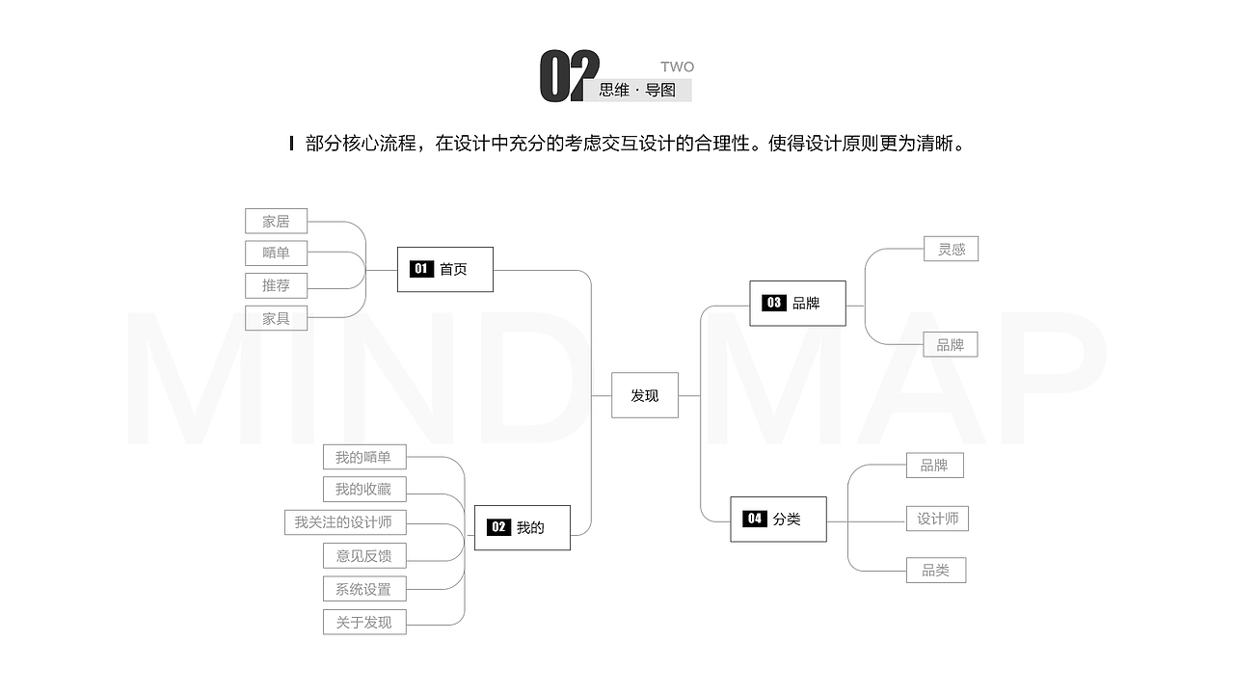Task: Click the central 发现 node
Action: [645, 395]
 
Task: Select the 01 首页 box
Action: [445, 269]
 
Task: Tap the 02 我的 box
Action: [523, 527]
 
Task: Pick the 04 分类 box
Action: [778, 520]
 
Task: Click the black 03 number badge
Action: [773, 303]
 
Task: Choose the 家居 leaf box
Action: [276, 221]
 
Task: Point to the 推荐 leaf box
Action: [276, 285]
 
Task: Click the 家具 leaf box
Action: [276, 318]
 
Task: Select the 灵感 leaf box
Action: [951, 249]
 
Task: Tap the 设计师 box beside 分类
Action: [937, 519]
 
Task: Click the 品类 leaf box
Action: [936, 570]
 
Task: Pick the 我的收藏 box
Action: [364, 489]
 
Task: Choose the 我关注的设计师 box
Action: [345, 522]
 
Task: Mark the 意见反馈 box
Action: [364, 556]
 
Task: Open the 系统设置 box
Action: [364, 589]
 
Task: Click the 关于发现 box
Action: [364, 622]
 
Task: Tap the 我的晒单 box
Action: [364, 457]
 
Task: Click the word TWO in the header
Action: [677, 67]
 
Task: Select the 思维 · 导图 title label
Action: [637, 90]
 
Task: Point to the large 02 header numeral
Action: [569, 76]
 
